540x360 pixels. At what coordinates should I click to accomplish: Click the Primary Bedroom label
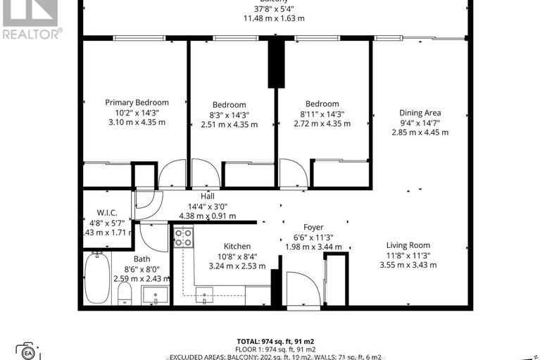click(137, 102)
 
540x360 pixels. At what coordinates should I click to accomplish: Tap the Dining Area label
click(420, 113)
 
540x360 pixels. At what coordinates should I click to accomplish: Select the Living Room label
click(408, 244)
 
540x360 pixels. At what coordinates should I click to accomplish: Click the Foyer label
click(313, 227)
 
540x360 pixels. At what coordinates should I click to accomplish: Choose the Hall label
click(207, 197)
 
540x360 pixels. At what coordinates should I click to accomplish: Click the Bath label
click(141, 259)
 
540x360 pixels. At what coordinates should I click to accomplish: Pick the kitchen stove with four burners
click(184, 237)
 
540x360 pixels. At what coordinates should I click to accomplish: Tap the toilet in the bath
click(124, 294)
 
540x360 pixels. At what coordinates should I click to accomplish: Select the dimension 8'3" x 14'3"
click(230, 115)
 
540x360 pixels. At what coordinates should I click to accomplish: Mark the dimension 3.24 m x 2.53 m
click(237, 266)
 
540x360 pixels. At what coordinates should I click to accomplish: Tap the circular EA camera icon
click(29, 352)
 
